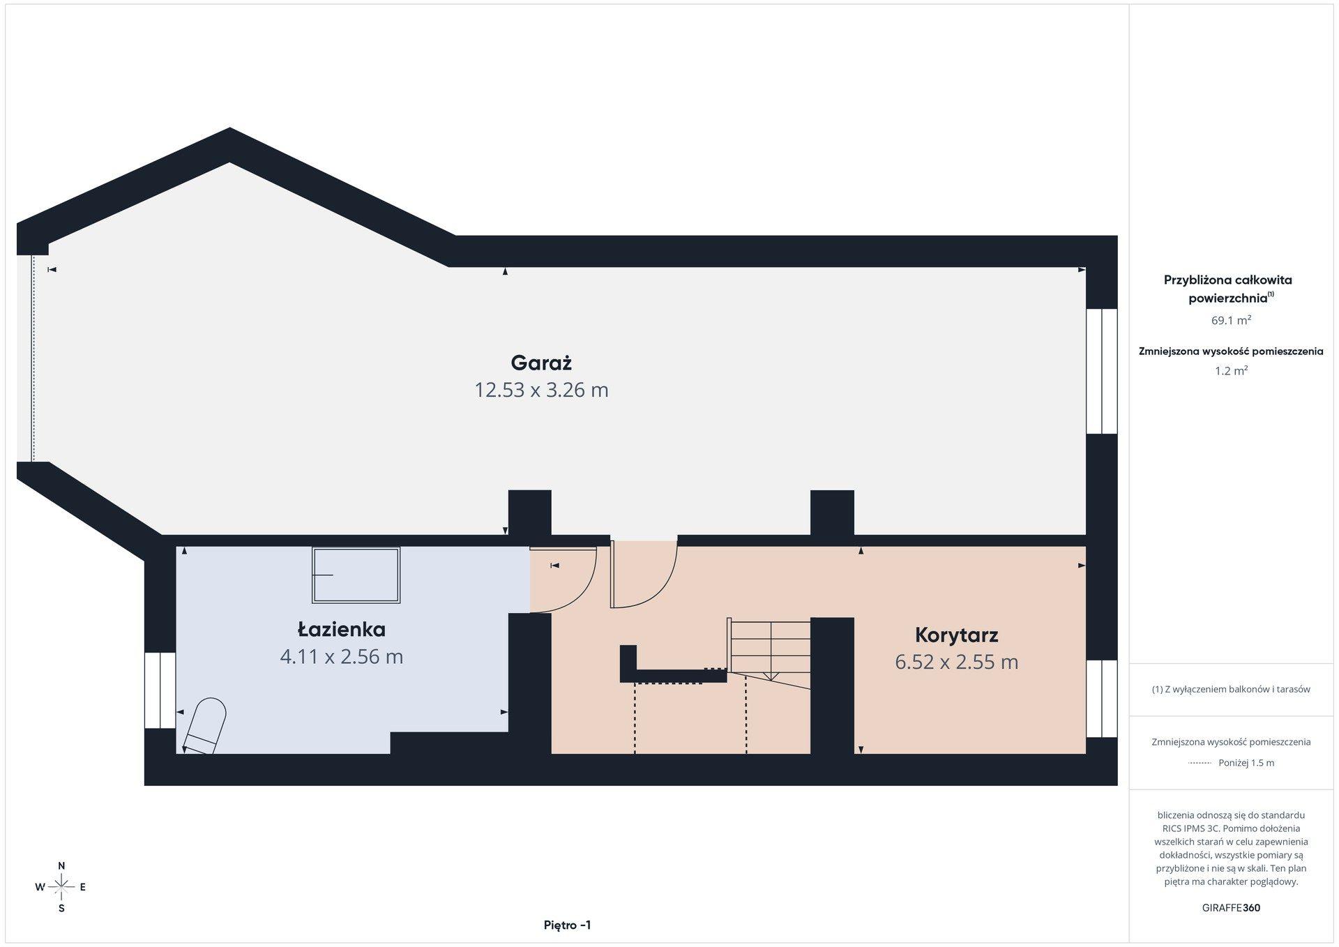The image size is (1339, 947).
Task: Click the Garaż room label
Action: pos(541,363)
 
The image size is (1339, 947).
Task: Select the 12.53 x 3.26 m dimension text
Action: pos(541,390)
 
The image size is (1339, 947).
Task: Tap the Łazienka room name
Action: pos(342,630)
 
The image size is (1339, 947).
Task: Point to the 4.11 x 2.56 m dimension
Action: pos(342,657)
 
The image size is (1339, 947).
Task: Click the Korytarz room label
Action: pos(957,635)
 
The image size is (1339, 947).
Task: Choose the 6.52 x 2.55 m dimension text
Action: pos(957,662)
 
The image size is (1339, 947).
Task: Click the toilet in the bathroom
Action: pos(205,727)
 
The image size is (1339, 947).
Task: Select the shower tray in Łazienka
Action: pos(356,575)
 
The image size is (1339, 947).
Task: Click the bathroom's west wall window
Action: pos(160,690)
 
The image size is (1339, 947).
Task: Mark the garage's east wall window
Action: pos(1102,371)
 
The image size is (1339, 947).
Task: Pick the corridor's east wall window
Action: pos(1102,698)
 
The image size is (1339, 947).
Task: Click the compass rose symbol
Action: pos(61,887)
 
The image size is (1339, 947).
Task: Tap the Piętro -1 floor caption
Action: pos(567,925)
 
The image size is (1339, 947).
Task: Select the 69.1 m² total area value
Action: pos(1231,321)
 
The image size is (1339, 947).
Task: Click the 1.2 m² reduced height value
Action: pos(1231,371)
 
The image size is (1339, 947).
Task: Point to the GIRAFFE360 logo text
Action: pos(1231,908)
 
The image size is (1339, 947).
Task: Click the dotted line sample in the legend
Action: pos(1200,763)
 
